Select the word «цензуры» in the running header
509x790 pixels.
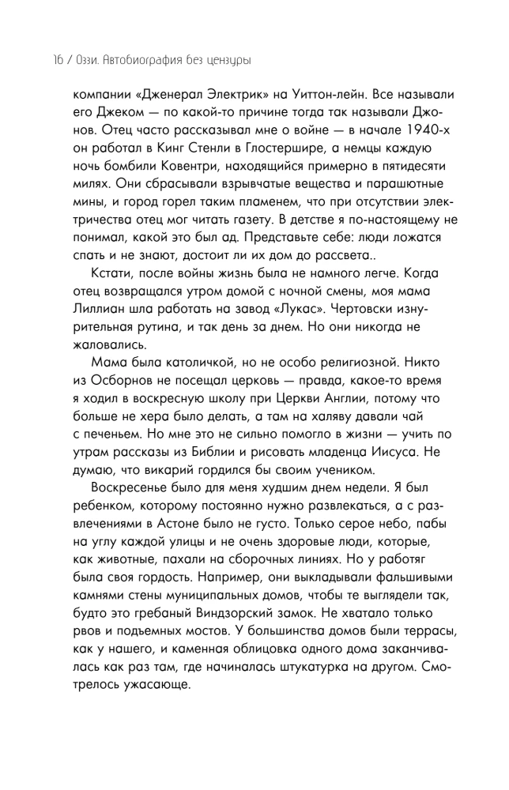coord(236,61)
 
